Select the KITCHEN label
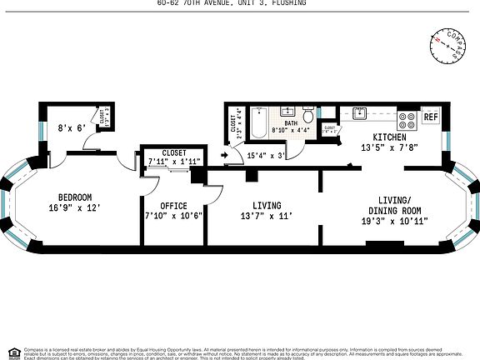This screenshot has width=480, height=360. click(389, 137)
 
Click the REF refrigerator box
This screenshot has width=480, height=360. click(431, 117)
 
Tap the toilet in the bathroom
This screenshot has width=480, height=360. click(307, 113)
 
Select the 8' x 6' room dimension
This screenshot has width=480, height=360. click(70, 128)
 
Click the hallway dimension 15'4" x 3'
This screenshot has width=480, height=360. click(267, 155)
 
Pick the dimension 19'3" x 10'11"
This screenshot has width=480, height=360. click(394, 222)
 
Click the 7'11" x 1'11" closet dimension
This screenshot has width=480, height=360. click(174, 162)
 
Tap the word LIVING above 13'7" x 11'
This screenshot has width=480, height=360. click(267, 205)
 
